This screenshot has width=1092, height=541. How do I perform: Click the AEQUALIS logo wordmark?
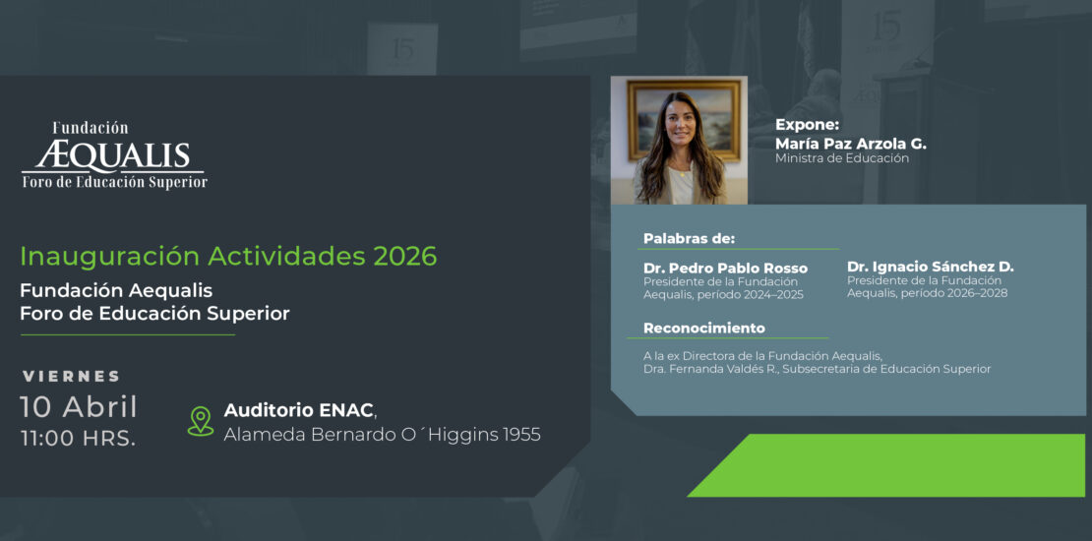(x=113, y=156)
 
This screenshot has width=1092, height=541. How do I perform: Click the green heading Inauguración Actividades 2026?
(x=228, y=256)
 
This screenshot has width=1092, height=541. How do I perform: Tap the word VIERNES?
(x=71, y=377)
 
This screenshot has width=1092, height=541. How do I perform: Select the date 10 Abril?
(x=79, y=407)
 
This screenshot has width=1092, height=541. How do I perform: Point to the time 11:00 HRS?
(x=78, y=439)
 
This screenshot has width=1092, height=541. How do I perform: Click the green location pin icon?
(x=201, y=421)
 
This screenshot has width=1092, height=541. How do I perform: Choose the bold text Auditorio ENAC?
(x=298, y=411)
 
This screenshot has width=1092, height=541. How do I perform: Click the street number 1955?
(x=521, y=435)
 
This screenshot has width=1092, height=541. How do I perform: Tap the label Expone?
(x=808, y=125)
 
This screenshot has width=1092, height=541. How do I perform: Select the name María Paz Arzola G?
(x=851, y=144)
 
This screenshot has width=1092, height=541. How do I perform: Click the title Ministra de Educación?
(x=842, y=158)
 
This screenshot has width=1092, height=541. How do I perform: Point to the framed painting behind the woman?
(x=684, y=120)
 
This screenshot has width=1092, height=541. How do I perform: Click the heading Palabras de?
(x=689, y=239)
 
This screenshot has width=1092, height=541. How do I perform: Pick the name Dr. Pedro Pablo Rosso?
(x=726, y=269)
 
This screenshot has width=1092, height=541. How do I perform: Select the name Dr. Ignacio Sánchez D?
(x=931, y=267)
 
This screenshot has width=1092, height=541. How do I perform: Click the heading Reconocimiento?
(x=704, y=328)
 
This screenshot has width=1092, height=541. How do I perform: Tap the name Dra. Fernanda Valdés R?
(x=710, y=369)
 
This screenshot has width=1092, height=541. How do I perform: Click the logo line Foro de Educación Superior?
(x=115, y=182)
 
